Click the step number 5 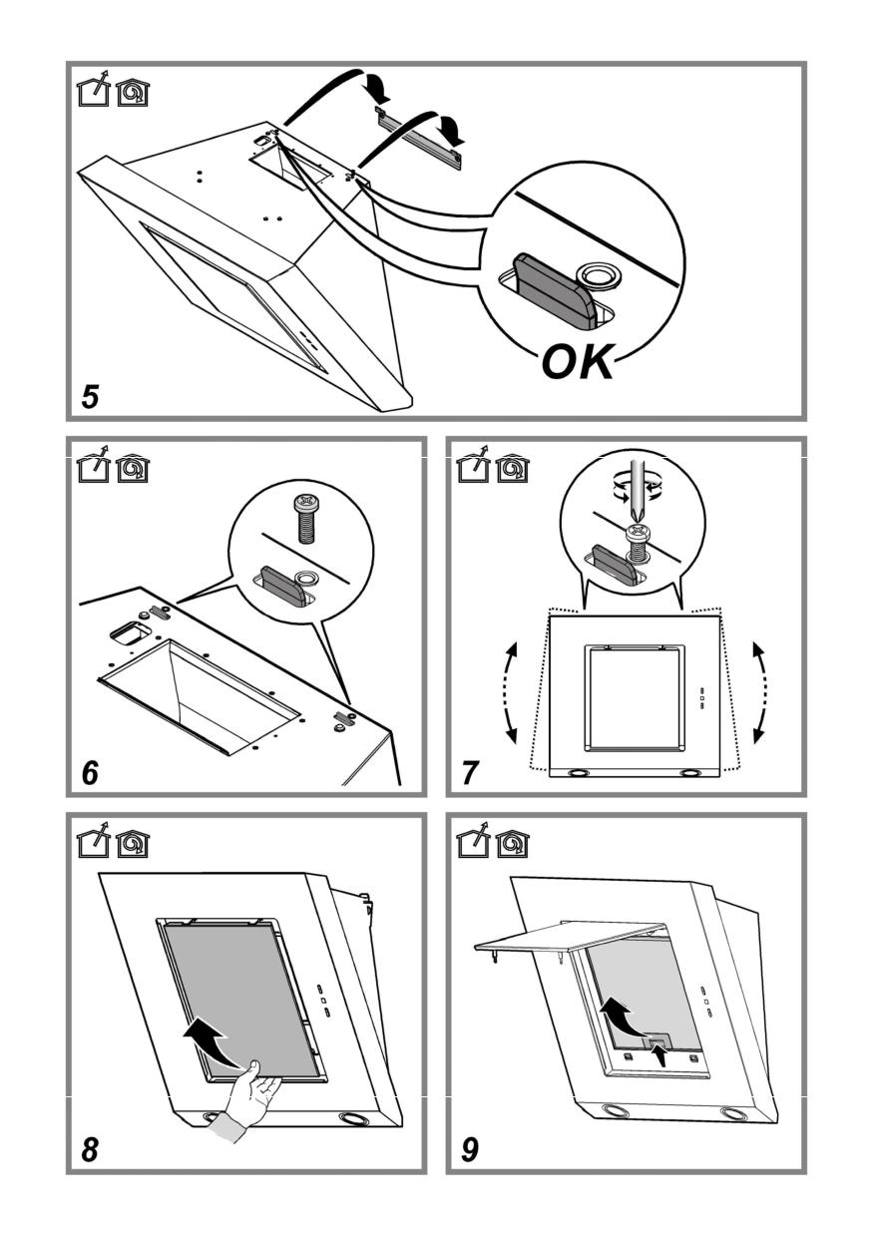click(91, 396)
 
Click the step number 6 click(91, 772)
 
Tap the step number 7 click(470, 772)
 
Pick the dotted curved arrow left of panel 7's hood click(515, 691)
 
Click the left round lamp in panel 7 click(579, 773)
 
